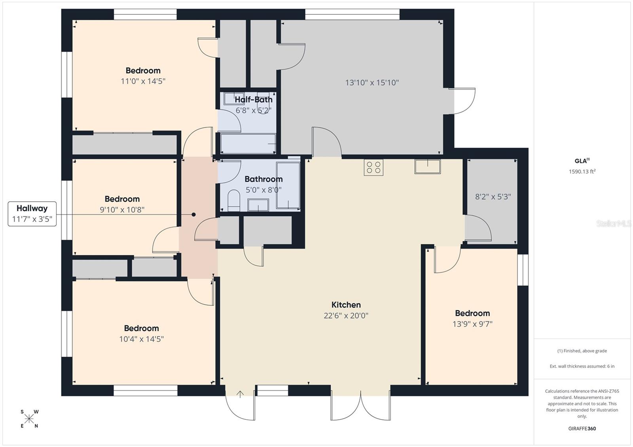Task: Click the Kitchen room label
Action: [x=346, y=305]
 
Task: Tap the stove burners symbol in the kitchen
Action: [x=373, y=167]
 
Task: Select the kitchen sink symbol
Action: [x=427, y=166]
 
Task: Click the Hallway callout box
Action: [x=32, y=214]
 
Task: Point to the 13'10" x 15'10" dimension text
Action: [x=372, y=83]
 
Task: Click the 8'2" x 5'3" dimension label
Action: [x=493, y=196]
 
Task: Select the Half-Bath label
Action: [x=253, y=100]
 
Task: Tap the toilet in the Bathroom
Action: [x=234, y=200]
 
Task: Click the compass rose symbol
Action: [x=29, y=419]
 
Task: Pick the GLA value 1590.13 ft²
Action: [x=582, y=172]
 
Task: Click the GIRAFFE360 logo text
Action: [x=582, y=428]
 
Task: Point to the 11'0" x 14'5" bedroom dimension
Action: [x=143, y=81]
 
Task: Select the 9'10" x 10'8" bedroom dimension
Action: [x=122, y=210]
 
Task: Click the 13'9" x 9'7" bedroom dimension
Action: [x=472, y=324]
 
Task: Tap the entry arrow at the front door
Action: [x=240, y=394]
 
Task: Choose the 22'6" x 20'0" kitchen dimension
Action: [x=346, y=315]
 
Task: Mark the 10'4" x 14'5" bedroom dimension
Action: [x=141, y=339]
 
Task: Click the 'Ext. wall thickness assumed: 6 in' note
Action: [x=582, y=366]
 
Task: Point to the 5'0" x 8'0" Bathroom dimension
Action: [x=263, y=190]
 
